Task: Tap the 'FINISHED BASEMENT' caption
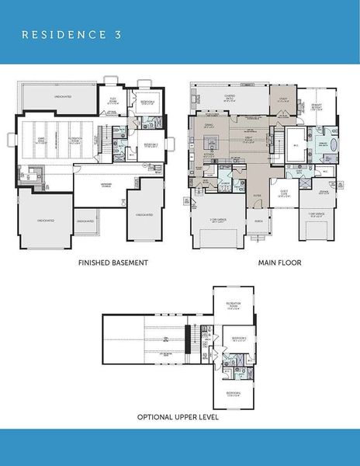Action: point(113,263)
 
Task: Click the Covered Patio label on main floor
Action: point(230,98)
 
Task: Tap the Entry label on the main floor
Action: point(257,196)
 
